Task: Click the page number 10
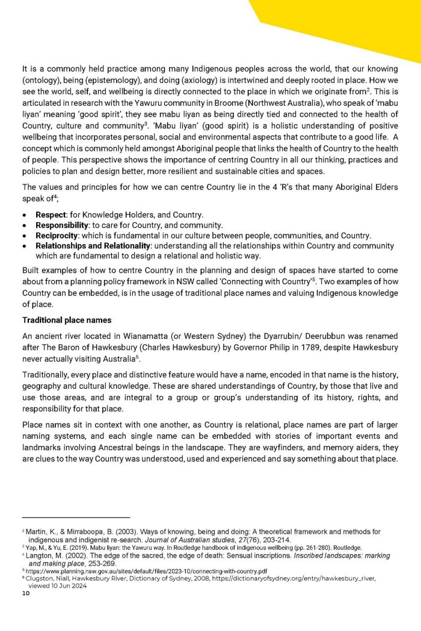(x=25, y=593)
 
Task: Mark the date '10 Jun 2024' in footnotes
(x=67, y=585)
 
